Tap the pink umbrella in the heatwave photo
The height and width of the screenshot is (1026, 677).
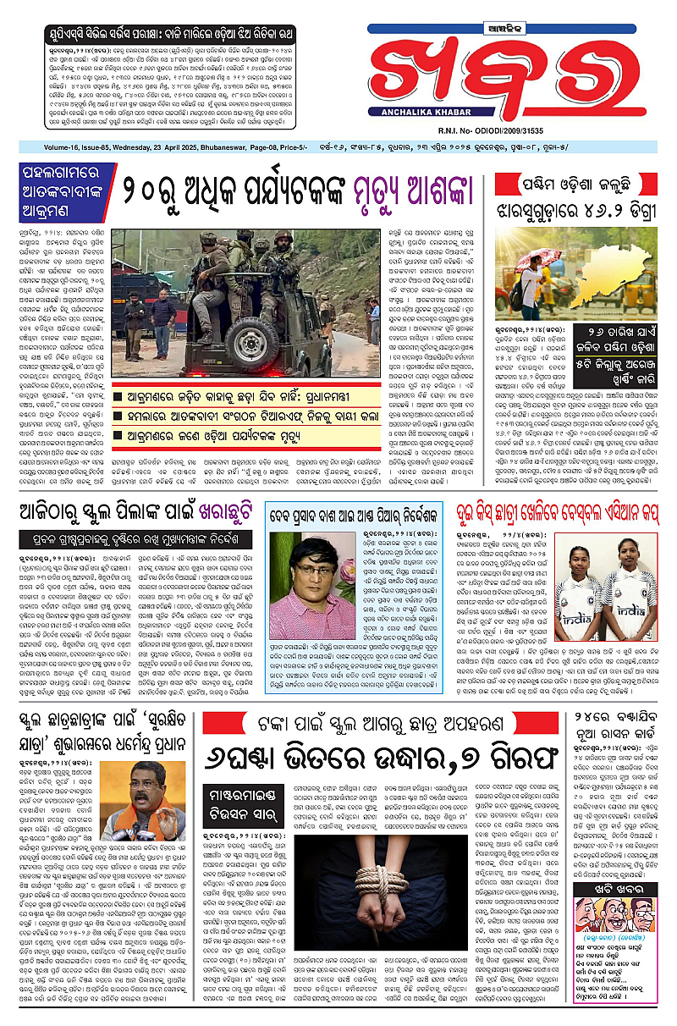click(x=537, y=256)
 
